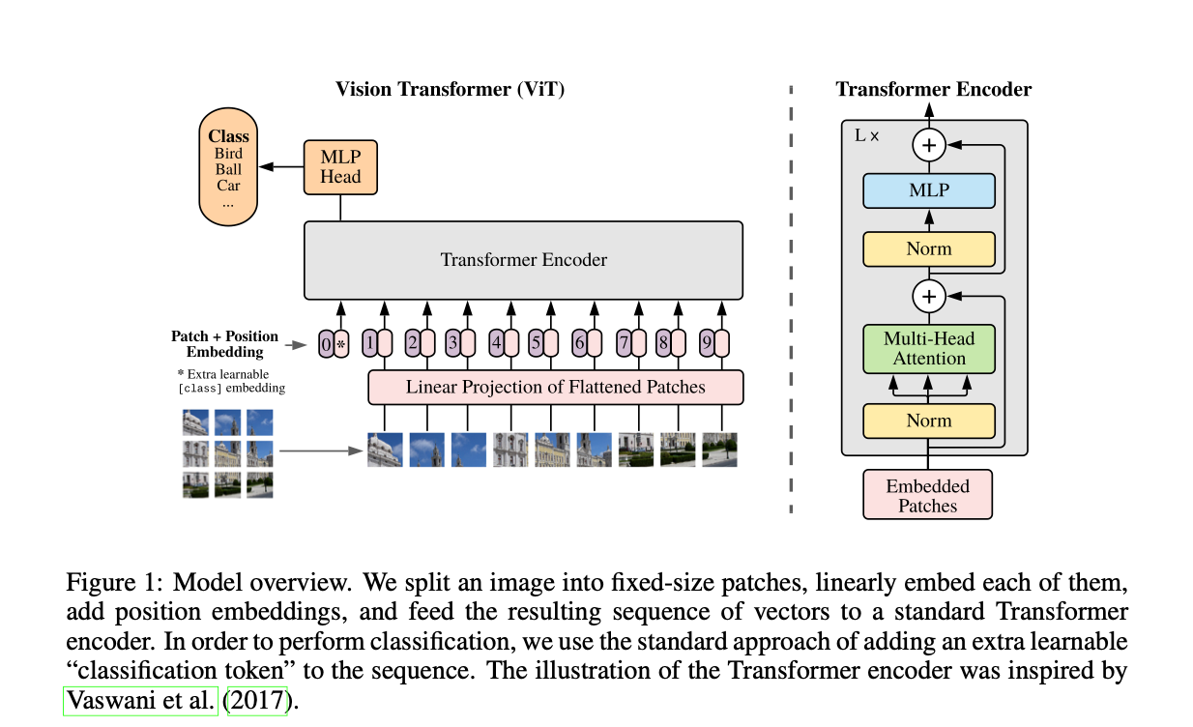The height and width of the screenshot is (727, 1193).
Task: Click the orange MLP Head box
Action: point(340,166)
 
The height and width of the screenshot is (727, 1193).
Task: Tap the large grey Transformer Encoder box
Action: point(523,259)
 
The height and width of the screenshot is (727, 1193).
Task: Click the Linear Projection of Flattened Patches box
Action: point(555,387)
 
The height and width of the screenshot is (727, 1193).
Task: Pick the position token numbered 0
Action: point(326,342)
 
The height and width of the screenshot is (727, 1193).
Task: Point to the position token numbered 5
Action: point(536,342)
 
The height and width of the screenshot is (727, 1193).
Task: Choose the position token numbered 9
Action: point(707,342)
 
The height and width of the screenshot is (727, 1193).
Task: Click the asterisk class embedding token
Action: point(340,342)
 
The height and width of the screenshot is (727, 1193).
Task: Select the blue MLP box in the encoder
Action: point(928,190)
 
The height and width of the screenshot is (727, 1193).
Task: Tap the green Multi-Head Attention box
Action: point(928,348)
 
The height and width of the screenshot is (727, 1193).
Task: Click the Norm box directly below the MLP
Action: point(928,248)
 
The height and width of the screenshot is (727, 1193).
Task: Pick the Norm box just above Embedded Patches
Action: point(928,421)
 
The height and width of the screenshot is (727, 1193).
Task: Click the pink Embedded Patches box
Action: point(927,495)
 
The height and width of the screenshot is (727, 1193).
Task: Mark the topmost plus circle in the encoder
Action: point(929,145)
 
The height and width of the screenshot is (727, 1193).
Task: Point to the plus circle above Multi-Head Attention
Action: point(929,296)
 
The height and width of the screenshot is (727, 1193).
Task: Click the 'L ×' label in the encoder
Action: point(867,136)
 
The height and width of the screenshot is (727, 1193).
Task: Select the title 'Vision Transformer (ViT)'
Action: point(450,90)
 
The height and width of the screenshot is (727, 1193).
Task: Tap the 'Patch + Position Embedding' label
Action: point(225,344)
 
